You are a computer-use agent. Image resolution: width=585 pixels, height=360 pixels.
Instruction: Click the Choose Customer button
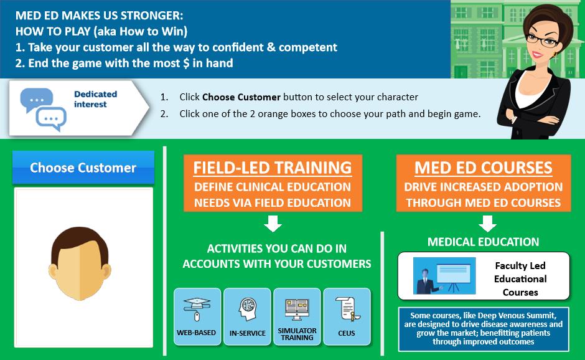coord(83,168)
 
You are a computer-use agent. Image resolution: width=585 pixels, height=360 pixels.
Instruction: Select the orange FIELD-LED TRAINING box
coord(273,183)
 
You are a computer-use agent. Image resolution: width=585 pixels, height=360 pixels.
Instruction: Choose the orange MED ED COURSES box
coord(484,183)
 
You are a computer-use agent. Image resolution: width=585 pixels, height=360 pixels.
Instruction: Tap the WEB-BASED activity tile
coord(197,316)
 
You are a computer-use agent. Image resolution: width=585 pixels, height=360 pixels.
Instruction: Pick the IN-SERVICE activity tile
coord(247,316)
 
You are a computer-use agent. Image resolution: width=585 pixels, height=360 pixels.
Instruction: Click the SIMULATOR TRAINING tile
coord(297,316)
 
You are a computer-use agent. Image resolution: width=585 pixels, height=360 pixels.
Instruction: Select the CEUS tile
coord(347,316)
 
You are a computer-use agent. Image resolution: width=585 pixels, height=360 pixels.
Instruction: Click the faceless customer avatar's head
coord(80,263)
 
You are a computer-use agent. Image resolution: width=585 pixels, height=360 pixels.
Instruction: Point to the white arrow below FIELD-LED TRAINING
coord(273,223)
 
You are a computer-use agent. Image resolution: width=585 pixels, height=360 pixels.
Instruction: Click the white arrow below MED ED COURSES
coord(487,223)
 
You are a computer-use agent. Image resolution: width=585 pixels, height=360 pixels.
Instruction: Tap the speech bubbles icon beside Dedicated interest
coord(44,109)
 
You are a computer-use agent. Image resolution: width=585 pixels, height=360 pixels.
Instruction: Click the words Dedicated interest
coord(95,99)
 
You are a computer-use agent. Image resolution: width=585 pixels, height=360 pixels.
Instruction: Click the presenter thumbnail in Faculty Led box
coord(444,275)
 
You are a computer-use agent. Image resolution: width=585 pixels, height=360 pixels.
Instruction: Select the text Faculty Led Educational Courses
coord(520,279)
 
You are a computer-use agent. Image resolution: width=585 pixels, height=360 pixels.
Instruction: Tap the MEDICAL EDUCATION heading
coord(483,242)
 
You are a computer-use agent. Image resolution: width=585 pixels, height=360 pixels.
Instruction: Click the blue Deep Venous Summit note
coord(484,329)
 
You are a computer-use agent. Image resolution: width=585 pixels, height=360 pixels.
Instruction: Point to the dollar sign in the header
coord(186,63)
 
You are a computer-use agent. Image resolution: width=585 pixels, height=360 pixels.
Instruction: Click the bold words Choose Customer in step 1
coord(241,97)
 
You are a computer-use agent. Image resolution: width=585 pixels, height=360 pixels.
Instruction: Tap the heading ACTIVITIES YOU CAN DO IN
coord(276,249)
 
